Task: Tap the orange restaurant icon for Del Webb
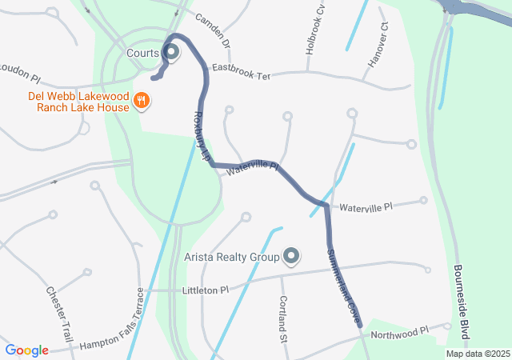(142, 100)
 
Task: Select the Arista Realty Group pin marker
(292, 257)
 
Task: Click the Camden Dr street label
(212, 30)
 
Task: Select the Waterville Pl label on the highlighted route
(252, 168)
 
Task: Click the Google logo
(27, 350)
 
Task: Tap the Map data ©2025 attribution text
(477, 354)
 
